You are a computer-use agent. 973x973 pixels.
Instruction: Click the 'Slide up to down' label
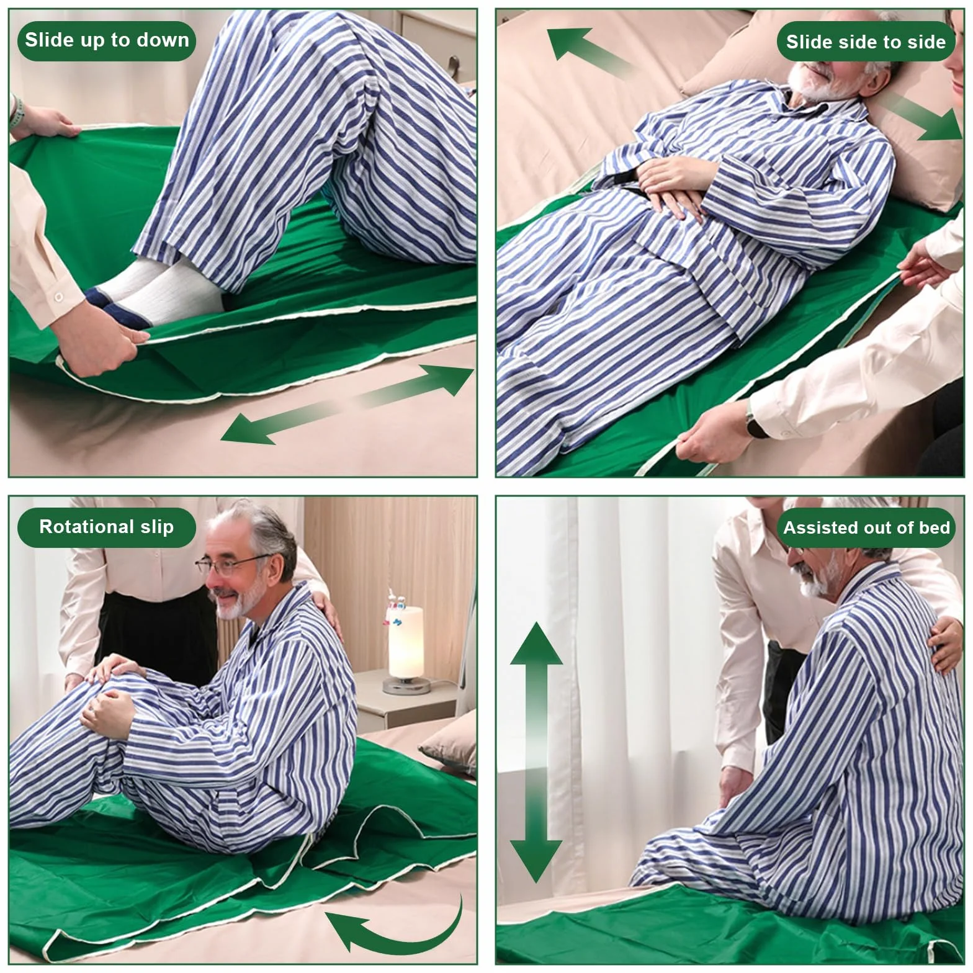tap(107, 40)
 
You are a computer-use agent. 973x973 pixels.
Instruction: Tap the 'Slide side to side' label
tap(866, 42)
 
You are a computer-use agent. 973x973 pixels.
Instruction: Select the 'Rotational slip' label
tap(107, 527)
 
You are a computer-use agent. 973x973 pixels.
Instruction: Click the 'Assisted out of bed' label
tap(866, 528)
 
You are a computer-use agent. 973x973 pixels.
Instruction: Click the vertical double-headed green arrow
tap(536, 752)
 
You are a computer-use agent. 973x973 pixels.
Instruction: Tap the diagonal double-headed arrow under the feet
tap(347, 405)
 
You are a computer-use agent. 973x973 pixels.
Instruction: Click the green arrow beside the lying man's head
tap(923, 119)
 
